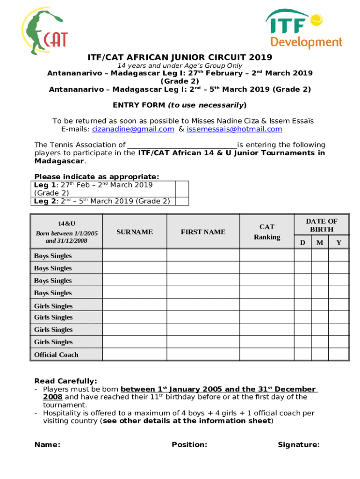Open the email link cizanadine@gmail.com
coord(133,129)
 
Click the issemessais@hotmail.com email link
coord(234,129)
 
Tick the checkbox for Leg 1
coord(182,189)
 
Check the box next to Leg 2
coord(182,201)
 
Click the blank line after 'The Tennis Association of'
coord(182,145)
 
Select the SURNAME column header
coord(135,232)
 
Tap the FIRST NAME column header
coord(203,232)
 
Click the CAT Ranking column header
coord(267,232)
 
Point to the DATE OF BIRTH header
coord(321,225)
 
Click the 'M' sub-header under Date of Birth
coord(320,242)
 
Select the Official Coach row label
coord(56,355)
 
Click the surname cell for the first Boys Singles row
coord(135,255)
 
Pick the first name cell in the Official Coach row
coord(203,355)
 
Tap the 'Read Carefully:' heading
coord(66,381)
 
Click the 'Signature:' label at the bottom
coord(298,445)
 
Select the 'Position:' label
coord(189,445)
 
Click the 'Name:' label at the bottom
coord(47,445)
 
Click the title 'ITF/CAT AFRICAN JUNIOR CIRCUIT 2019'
coord(180,58)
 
